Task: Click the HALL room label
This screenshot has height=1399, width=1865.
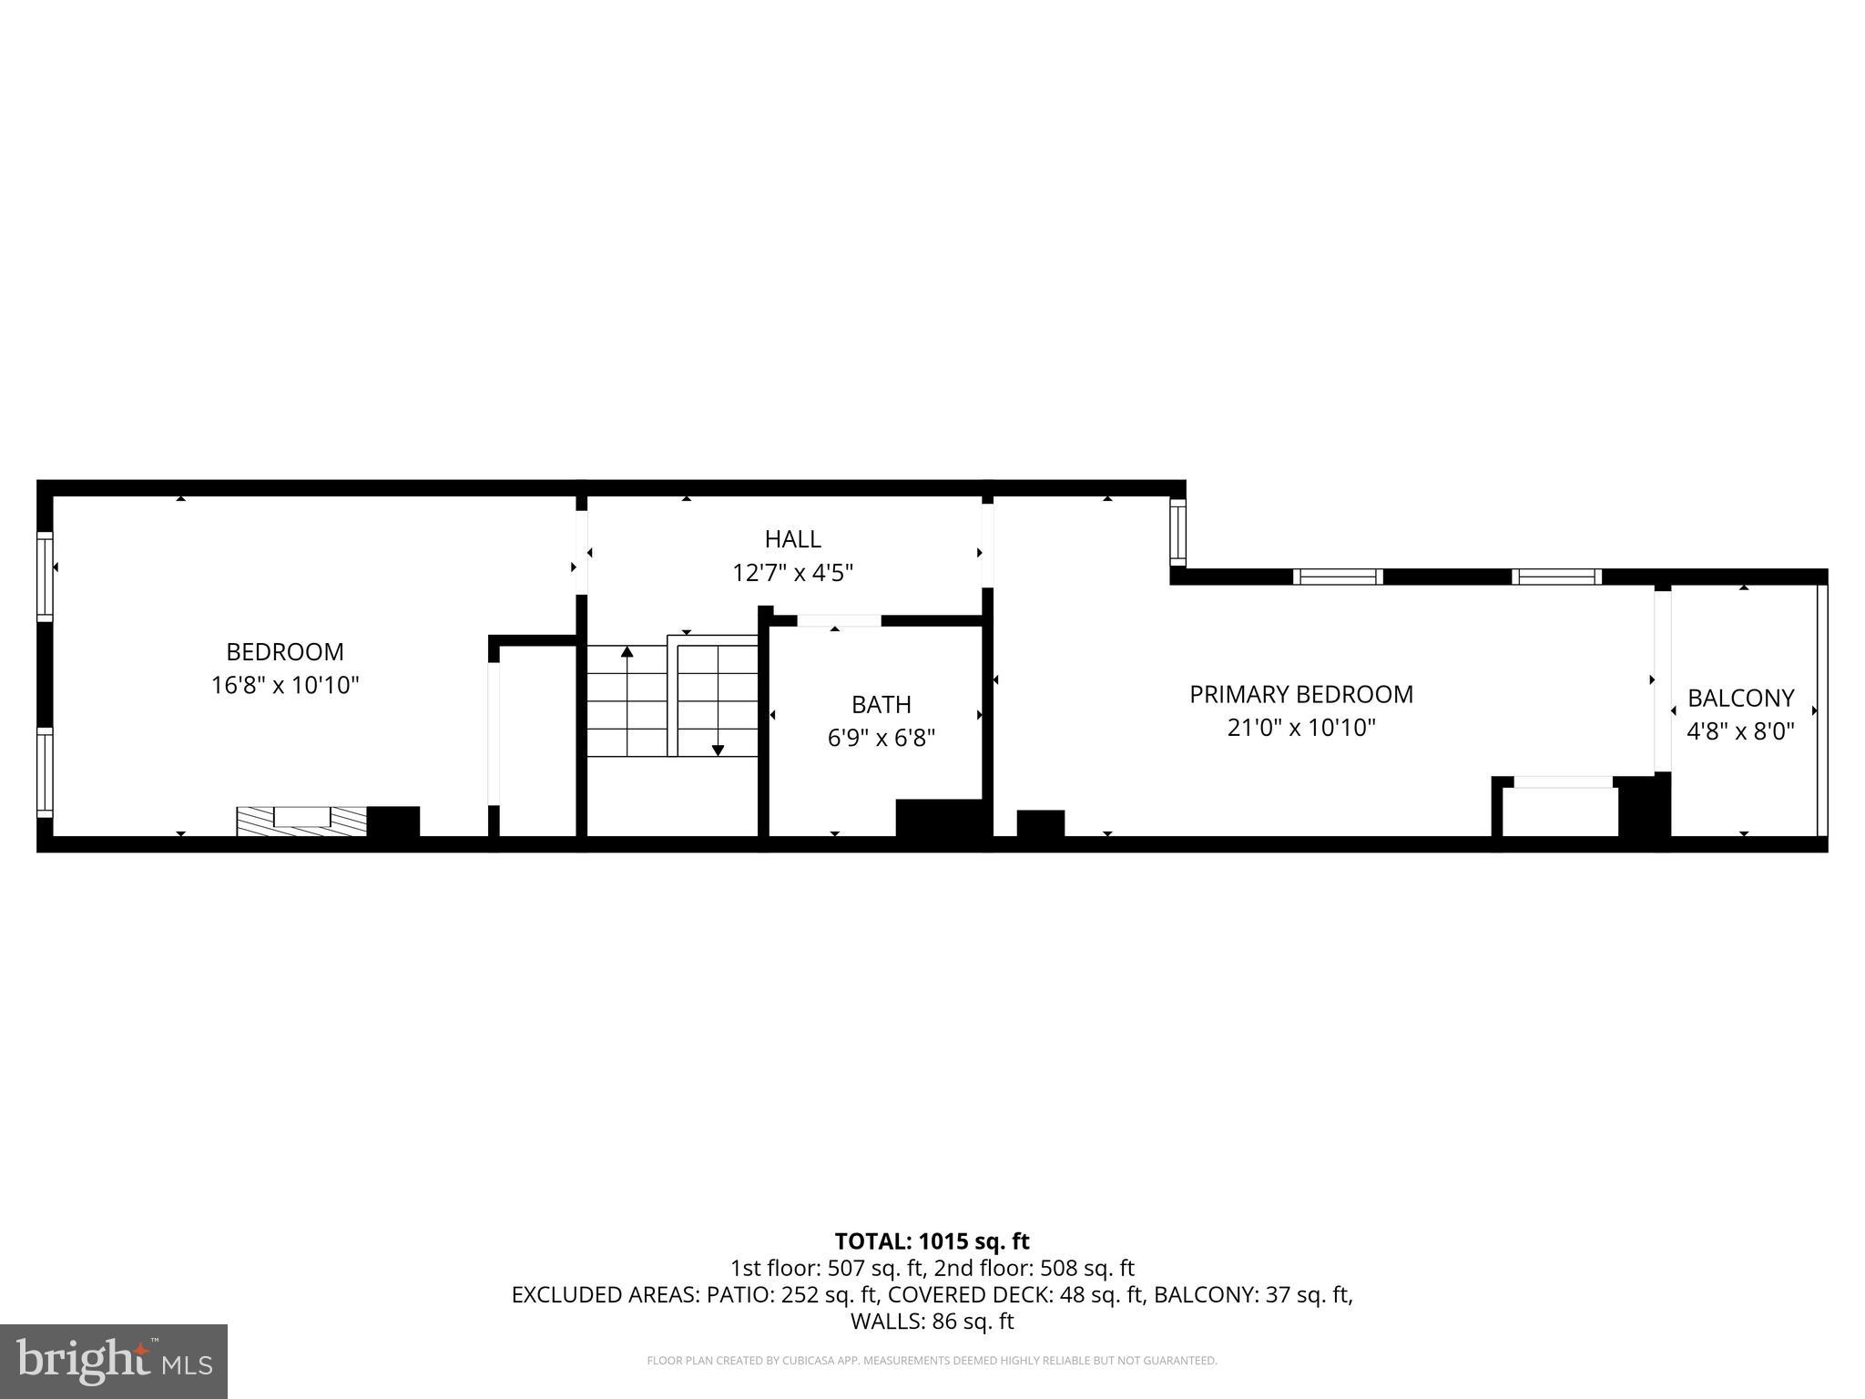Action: click(x=792, y=539)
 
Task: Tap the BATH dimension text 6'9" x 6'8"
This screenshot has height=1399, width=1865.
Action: click(x=881, y=738)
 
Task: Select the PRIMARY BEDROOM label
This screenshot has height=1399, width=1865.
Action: click(x=1300, y=694)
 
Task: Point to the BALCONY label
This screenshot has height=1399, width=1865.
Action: click(x=1740, y=698)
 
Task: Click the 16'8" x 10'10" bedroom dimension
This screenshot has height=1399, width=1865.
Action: click(x=285, y=685)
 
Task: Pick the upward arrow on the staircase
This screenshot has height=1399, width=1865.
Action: click(x=627, y=652)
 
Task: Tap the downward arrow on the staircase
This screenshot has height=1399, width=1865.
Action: click(x=718, y=749)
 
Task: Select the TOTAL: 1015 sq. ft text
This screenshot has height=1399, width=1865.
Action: click(x=932, y=1241)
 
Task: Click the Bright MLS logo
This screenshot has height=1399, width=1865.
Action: click(x=114, y=1361)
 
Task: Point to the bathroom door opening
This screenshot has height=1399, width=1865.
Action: click(x=839, y=621)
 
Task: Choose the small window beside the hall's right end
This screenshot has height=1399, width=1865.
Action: click(x=1177, y=532)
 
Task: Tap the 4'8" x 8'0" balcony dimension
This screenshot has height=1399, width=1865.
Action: click(x=1740, y=731)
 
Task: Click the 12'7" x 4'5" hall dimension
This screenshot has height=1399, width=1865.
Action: click(x=792, y=573)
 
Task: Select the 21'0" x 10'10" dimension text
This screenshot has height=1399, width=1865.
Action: click(x=1300, y=728)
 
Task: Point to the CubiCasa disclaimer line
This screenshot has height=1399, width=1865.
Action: click(x=932, y=1361)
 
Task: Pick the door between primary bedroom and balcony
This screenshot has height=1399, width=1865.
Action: click(x=1662, y=680)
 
